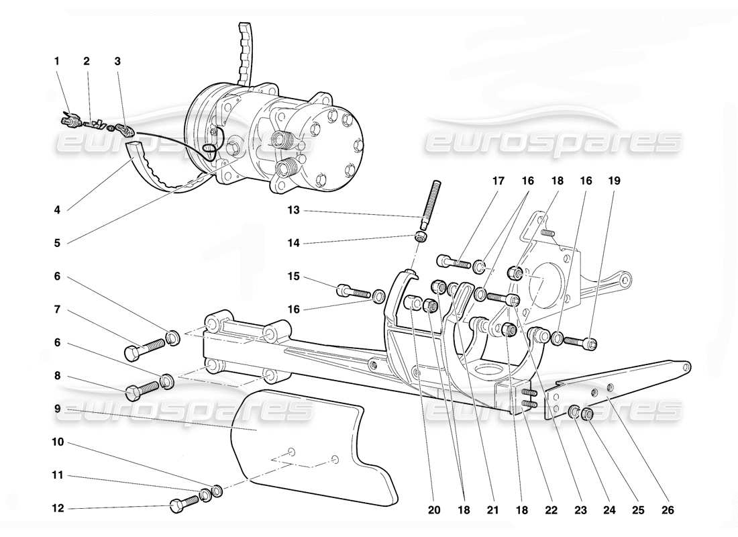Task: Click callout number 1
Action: [x=57, y=61]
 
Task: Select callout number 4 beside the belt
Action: [x=57, y=210]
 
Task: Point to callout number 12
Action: [x=59, y=508]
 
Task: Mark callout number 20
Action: [x=434, y=511]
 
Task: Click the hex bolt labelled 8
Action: [x=142, y=388]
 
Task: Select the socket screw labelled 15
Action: [x=354, y=291]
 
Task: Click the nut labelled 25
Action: [x=588, y=414]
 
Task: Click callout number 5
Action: [x=57, y=243]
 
